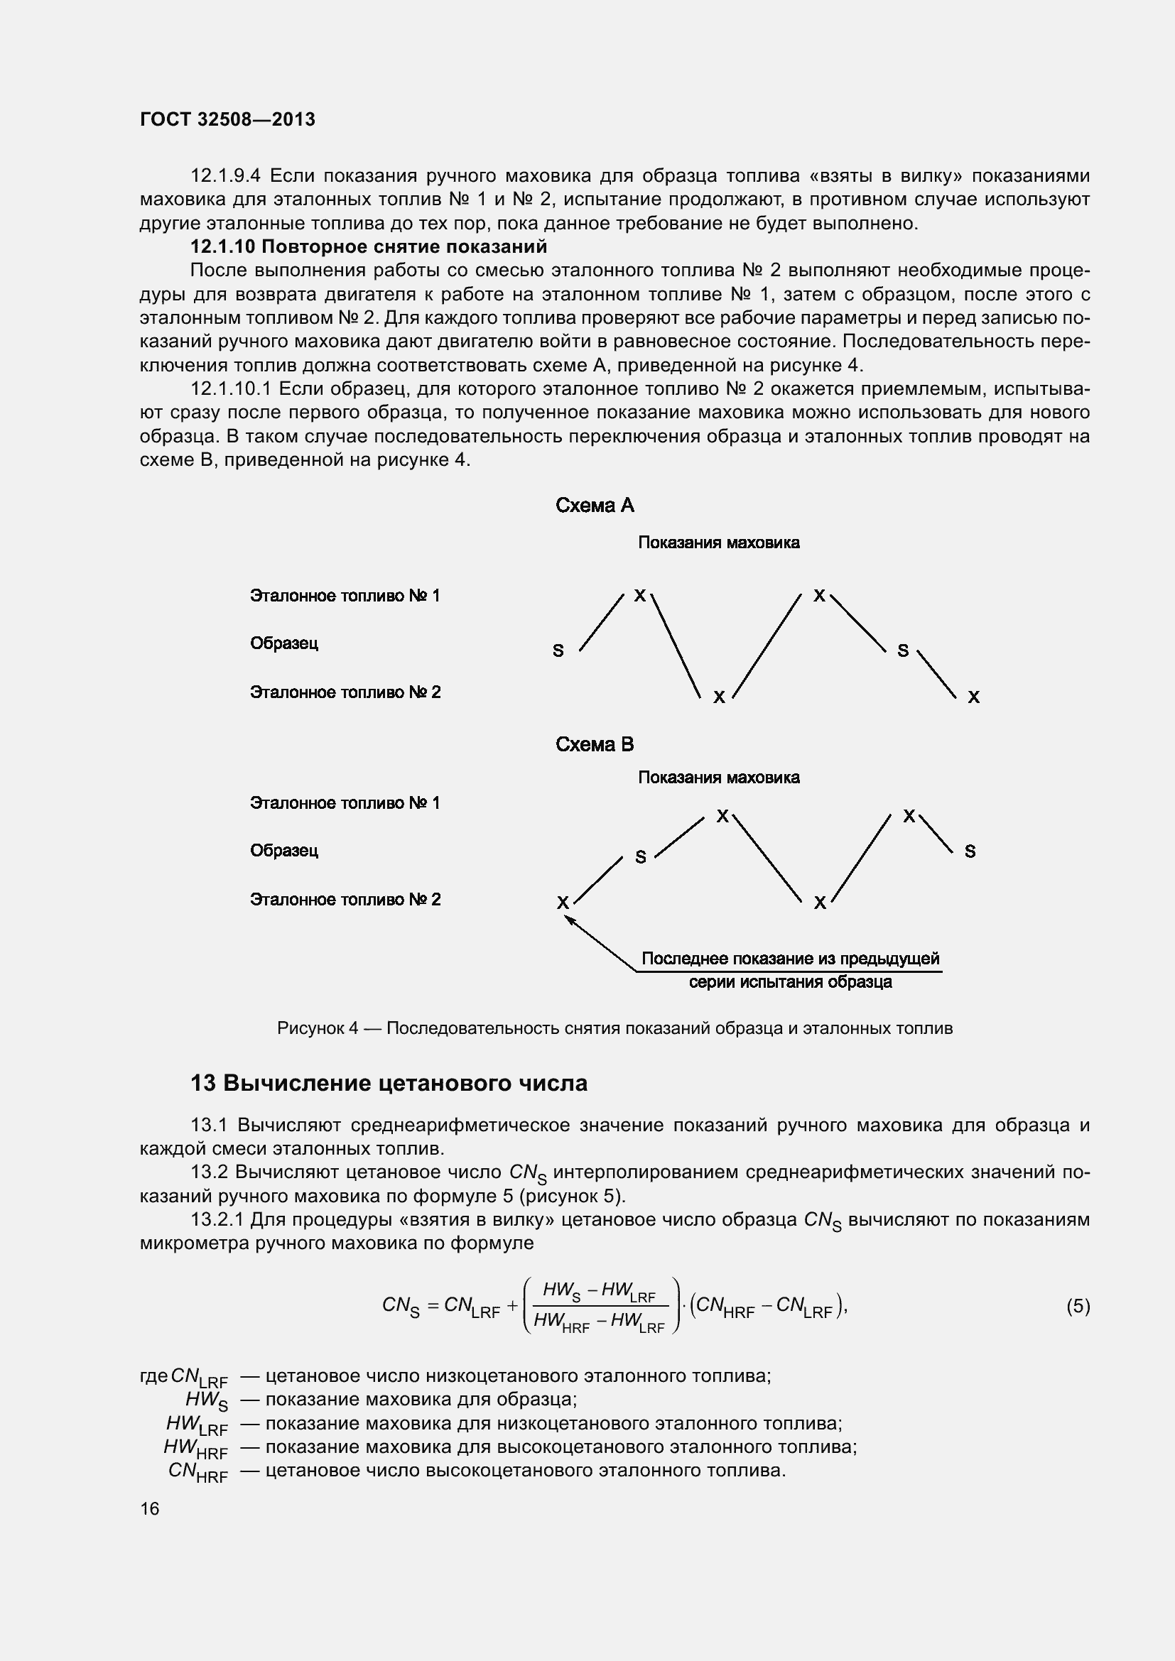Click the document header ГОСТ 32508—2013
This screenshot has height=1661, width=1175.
pyautogui.click(x=227, y=119)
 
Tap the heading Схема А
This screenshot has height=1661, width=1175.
pyautogui.click(x=594, y=505)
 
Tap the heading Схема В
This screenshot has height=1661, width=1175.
pyautogui.click(x=594, y=744)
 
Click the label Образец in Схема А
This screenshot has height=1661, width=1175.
pyautogui.click(x=283, y=643)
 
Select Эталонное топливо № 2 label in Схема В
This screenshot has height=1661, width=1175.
pyautogui.click(x=345, y=899)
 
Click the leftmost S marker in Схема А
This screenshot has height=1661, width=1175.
pyautogui.click(x=558, y=650)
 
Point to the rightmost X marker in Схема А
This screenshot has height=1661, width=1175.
pyautogui.click(x=974, y=697)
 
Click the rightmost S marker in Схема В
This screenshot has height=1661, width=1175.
pyautogui.click(x=970, y=851)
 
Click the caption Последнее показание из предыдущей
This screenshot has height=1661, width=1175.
pyautogui.click(x=790, y=959)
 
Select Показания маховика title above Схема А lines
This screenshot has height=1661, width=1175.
pyautogui.click(x=718, y=543)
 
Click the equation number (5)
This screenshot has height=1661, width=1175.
pyautogui.click(x=1078, y=1306)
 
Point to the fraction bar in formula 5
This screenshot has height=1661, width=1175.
pyautogui.click(x=600, y=1306)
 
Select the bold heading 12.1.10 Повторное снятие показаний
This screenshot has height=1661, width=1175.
pyautogui.click(x=368, y=246)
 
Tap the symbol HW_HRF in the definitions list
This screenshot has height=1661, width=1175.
pyautogui.click(x=195, y=1447)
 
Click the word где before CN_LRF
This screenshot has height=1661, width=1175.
pyautogui.click(x=153, y=1376)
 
